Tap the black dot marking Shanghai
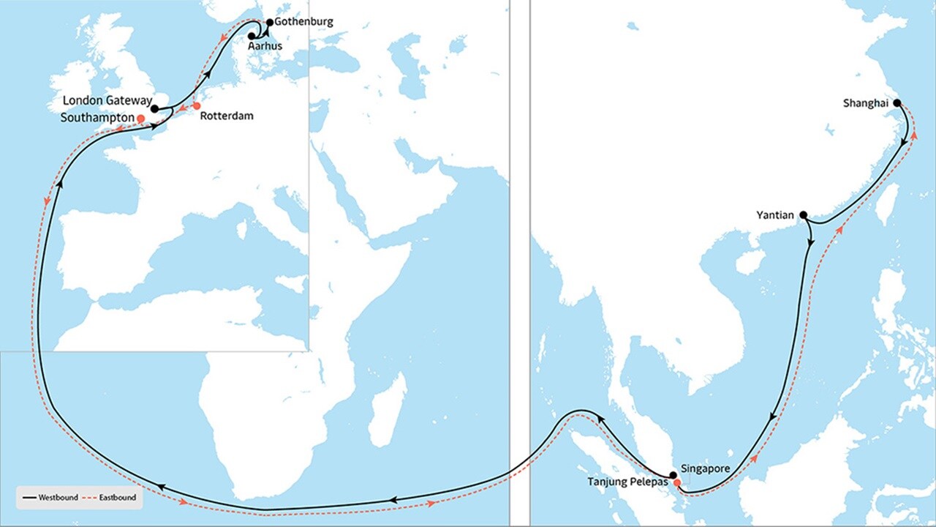coord(897,103)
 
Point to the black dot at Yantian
coord(803,215)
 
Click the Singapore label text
coord(706,468)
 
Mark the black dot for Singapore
coord(673,475)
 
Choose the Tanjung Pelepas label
coord(628,482)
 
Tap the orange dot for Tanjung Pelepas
coord(677,483)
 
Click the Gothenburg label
coord(303,22)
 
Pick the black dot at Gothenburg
coord(270,23)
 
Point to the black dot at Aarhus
coord(252,35)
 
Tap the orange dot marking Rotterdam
coord(196,106)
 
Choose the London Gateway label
coord(107,100)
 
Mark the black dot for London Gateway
coord(154,109)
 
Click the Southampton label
coord(98,117)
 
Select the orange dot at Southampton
coord(140,118)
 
